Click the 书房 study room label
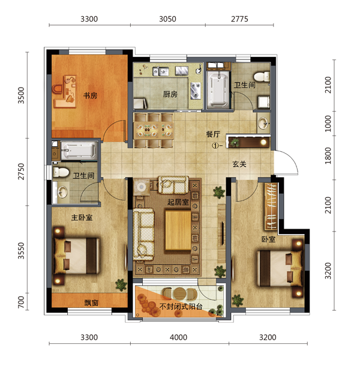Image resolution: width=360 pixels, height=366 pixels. [91, 95]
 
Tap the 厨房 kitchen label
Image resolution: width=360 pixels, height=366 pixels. [170, 94]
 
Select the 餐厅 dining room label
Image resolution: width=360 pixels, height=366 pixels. [213, 134]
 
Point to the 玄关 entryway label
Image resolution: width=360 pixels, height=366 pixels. [239, 164]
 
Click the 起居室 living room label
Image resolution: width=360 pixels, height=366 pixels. [178, 202]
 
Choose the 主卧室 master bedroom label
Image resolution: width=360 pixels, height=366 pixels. [82, 218]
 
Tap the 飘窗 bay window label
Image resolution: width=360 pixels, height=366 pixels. [91, 303]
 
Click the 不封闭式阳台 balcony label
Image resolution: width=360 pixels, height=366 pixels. [181, 306]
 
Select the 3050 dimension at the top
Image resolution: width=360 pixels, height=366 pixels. [167, 19]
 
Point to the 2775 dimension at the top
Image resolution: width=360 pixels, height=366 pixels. [239, 19]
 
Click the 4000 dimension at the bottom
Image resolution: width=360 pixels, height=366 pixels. [179, 337]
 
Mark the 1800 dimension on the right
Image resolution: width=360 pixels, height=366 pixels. [328, 155]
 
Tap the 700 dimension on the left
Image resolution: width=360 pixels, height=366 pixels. [21, 302]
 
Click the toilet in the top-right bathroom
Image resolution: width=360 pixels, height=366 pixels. [262, 77]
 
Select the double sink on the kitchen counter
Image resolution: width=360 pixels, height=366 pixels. [161, 71]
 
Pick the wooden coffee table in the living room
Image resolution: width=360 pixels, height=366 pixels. [178, 230]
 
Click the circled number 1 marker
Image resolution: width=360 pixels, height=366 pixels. [215, 146]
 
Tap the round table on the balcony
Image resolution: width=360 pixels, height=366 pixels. [179, 293]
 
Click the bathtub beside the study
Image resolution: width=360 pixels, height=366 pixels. [79, 151]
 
